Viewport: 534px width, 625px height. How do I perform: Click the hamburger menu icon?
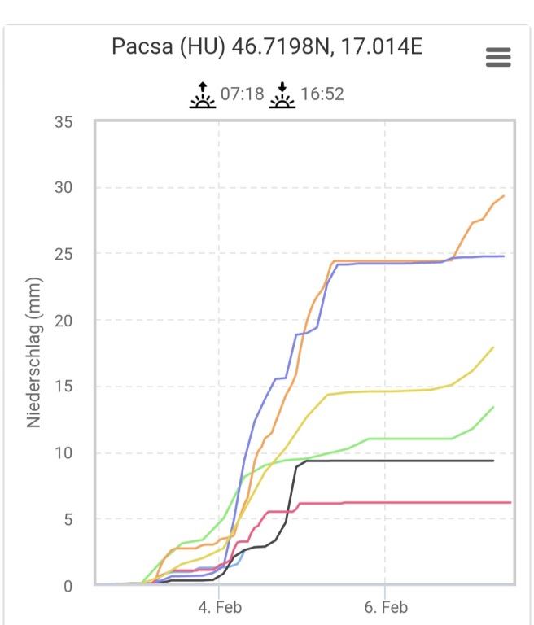pyautogui.click(x=497, y=57)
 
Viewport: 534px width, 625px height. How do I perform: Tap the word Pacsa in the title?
pyautogui.click(x=141, y=46)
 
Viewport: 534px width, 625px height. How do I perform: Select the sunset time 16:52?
pyautogui.click(x=322, y=94)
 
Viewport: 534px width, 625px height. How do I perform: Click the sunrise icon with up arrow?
pyautogui.click(x=203, y=94)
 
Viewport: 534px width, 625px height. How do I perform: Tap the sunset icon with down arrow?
pyautogui.click(x=282, y=94)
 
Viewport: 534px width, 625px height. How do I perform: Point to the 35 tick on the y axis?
pyautogui.click(x=63, y=122)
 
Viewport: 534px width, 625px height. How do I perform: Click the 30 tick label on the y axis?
pyautogui.click(x=63, y=188)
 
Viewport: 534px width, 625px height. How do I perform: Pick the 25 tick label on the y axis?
pyautogui.click(x=63, y=255)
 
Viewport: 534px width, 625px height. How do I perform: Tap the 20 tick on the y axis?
pyautogui.click(x=63, y=321)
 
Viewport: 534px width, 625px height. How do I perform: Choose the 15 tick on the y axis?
pyautogui.click(x=63, y=387)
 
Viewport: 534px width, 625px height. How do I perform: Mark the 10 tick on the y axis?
pyautogui.click(x=63, y=453)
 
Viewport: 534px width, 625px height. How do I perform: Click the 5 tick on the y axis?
pyautogui.click(x=68, y=519)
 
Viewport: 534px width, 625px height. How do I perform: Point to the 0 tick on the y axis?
pyautogui.click(x=68, y=586)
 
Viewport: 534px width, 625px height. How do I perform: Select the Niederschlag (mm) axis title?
pyautogui.click(x=34, y=352)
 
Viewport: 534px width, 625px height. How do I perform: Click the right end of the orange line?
pyautogui.click(x=504, y=196)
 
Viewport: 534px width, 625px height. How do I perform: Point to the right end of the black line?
pyautogui.click(x=493, y=461)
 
